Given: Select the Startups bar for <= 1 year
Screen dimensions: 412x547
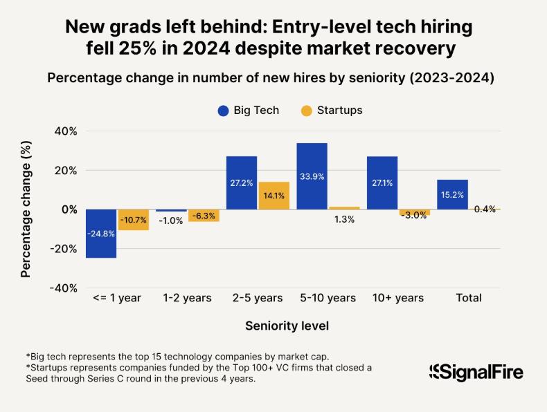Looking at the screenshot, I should coord(133,219).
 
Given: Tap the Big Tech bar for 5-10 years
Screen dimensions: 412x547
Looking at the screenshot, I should coord(312,176).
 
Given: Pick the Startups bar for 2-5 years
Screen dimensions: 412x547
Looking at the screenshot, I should coord(273,195).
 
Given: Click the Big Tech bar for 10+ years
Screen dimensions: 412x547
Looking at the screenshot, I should coord(382,182).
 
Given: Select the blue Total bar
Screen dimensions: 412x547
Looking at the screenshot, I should coord(452,194).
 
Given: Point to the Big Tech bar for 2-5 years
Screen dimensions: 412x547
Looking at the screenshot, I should coord(242,182).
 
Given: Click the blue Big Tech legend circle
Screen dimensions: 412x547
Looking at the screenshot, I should coord(223,111).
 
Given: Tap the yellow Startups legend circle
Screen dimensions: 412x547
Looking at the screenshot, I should coord(306,111).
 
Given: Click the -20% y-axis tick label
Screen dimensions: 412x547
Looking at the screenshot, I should coord(62,249).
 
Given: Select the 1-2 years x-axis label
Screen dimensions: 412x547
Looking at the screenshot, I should coord(187,298).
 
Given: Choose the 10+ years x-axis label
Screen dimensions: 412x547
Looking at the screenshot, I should coord(398,298).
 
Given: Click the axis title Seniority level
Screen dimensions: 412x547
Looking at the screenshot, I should coord(287,325).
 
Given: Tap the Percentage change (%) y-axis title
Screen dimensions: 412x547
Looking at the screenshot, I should coord(26,209).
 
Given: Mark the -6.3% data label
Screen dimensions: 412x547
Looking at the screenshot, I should coord(204,216).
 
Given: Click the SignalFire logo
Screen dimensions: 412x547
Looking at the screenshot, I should coord(476,372).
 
